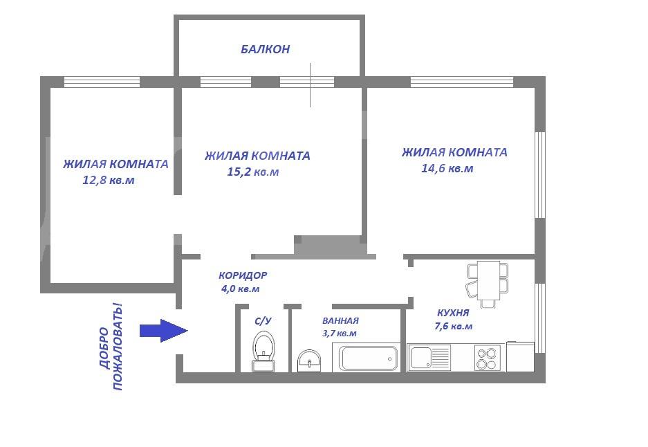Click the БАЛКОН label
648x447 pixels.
(265, 49)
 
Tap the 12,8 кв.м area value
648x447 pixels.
(109, 181)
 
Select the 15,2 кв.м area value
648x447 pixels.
(252, 172)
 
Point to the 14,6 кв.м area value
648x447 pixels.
(447, 168)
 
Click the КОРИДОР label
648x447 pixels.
(243, 275)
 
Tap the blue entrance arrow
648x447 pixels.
(164, 330)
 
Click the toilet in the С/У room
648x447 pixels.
(263, 351)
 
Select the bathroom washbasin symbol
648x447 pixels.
(309, 361)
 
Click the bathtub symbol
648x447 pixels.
(368, 358)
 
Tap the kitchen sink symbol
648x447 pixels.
(429, 357)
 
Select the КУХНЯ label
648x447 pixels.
(453, 313)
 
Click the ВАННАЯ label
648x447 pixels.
(340, 320)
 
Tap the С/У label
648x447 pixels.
(263, 320)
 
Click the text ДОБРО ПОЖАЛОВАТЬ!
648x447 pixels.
(111, 347)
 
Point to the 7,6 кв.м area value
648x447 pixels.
(454, 327)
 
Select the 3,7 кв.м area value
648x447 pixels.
(340, 334)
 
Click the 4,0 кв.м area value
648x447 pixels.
(241, 289)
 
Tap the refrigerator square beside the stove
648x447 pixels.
(520, 356)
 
